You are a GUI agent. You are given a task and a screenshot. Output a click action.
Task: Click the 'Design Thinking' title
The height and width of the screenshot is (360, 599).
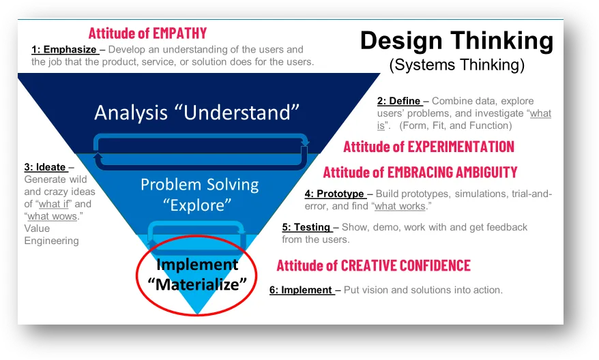[x=456, y=41]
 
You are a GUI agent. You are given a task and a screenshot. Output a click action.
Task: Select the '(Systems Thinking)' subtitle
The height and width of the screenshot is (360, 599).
[x=457, y=65]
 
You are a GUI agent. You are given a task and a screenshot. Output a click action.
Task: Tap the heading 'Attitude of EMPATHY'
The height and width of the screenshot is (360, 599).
[x=147, y=33]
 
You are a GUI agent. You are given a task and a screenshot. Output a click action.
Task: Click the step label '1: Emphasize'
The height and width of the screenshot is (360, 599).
[x=64, y=50]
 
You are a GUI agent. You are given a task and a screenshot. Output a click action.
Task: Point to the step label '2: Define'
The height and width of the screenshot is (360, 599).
[x=398, y=101]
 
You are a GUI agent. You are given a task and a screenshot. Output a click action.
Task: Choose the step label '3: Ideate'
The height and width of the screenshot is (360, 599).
[x=45, y=167]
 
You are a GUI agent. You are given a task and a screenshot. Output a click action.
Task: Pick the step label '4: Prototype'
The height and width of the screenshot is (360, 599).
[x=334, y=194]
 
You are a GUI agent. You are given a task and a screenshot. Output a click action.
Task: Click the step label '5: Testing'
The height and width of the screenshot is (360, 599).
[x=306, y=227]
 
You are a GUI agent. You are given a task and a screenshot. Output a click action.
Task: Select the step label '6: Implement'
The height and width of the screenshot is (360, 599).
[x=301, y=290]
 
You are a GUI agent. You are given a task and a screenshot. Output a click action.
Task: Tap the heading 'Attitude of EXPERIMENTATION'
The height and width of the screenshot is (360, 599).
[x=428, y=147]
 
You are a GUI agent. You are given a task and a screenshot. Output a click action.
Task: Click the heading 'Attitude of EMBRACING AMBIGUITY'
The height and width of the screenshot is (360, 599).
[x=420, y=172]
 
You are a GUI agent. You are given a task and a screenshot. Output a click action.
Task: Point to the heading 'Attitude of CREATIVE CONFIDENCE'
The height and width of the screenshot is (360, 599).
[x=374, y=265]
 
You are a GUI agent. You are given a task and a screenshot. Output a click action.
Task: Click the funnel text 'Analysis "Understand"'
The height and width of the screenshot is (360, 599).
[x=196, y=112]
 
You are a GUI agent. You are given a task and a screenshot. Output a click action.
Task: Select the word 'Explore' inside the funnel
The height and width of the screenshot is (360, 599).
[x=197, y=205]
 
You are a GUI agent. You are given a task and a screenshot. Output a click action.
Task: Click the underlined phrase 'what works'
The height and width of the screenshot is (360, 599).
[x=400, y=206]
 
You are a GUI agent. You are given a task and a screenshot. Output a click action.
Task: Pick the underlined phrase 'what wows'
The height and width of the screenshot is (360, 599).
[x=52, y=216]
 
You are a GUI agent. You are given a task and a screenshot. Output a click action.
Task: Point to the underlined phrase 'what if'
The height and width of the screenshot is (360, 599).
[x=54, y=205]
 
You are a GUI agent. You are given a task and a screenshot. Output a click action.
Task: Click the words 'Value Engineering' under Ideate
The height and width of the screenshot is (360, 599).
[x=52, y=235]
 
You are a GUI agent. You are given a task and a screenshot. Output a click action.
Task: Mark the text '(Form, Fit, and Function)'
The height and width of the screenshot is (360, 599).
[x=455, y=125]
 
